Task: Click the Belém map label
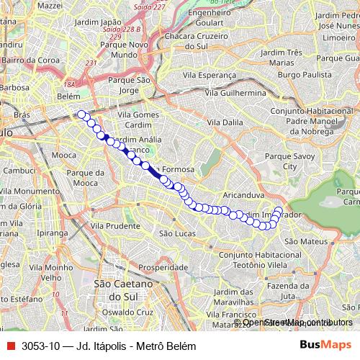[68, 95]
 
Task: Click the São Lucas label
[177, 233]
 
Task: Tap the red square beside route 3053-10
[10, 346]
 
